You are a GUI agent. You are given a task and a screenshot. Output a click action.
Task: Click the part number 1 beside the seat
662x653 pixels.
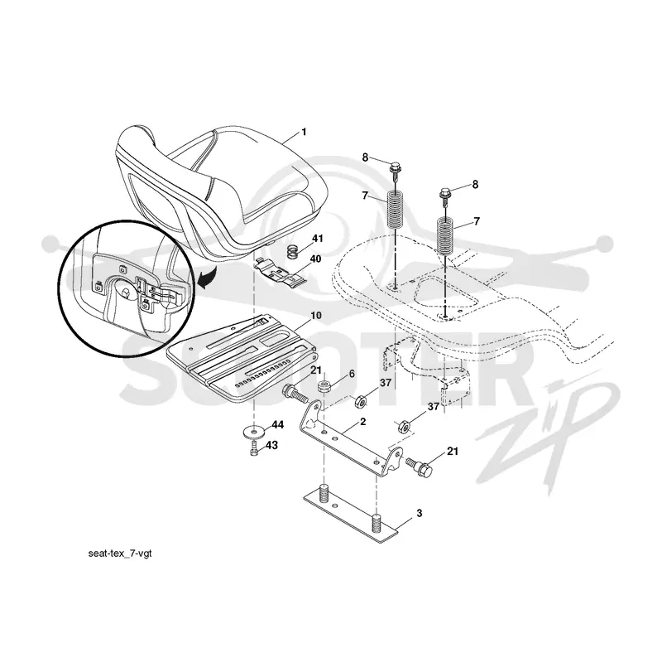[304, 133]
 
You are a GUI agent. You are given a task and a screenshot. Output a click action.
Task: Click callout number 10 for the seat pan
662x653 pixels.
[316, 316]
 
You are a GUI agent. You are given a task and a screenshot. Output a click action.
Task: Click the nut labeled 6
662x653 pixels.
[324, 386]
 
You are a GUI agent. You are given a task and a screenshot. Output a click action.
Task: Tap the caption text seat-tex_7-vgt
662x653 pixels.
[120, 554]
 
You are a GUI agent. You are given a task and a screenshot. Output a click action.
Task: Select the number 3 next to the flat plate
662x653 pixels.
[420, 514]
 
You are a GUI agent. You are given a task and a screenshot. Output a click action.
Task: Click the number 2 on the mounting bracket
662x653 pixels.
[363, 422]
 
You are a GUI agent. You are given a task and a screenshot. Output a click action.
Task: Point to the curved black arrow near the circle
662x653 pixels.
[207, 278]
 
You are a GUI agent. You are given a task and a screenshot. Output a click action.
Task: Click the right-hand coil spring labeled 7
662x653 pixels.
[446, 235]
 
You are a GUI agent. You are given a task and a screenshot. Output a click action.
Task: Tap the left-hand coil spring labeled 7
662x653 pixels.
[396, 210]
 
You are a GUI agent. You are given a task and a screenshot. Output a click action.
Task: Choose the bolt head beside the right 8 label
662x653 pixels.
[446, 193]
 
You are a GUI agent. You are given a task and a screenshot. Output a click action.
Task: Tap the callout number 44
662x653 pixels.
[277, 425]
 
